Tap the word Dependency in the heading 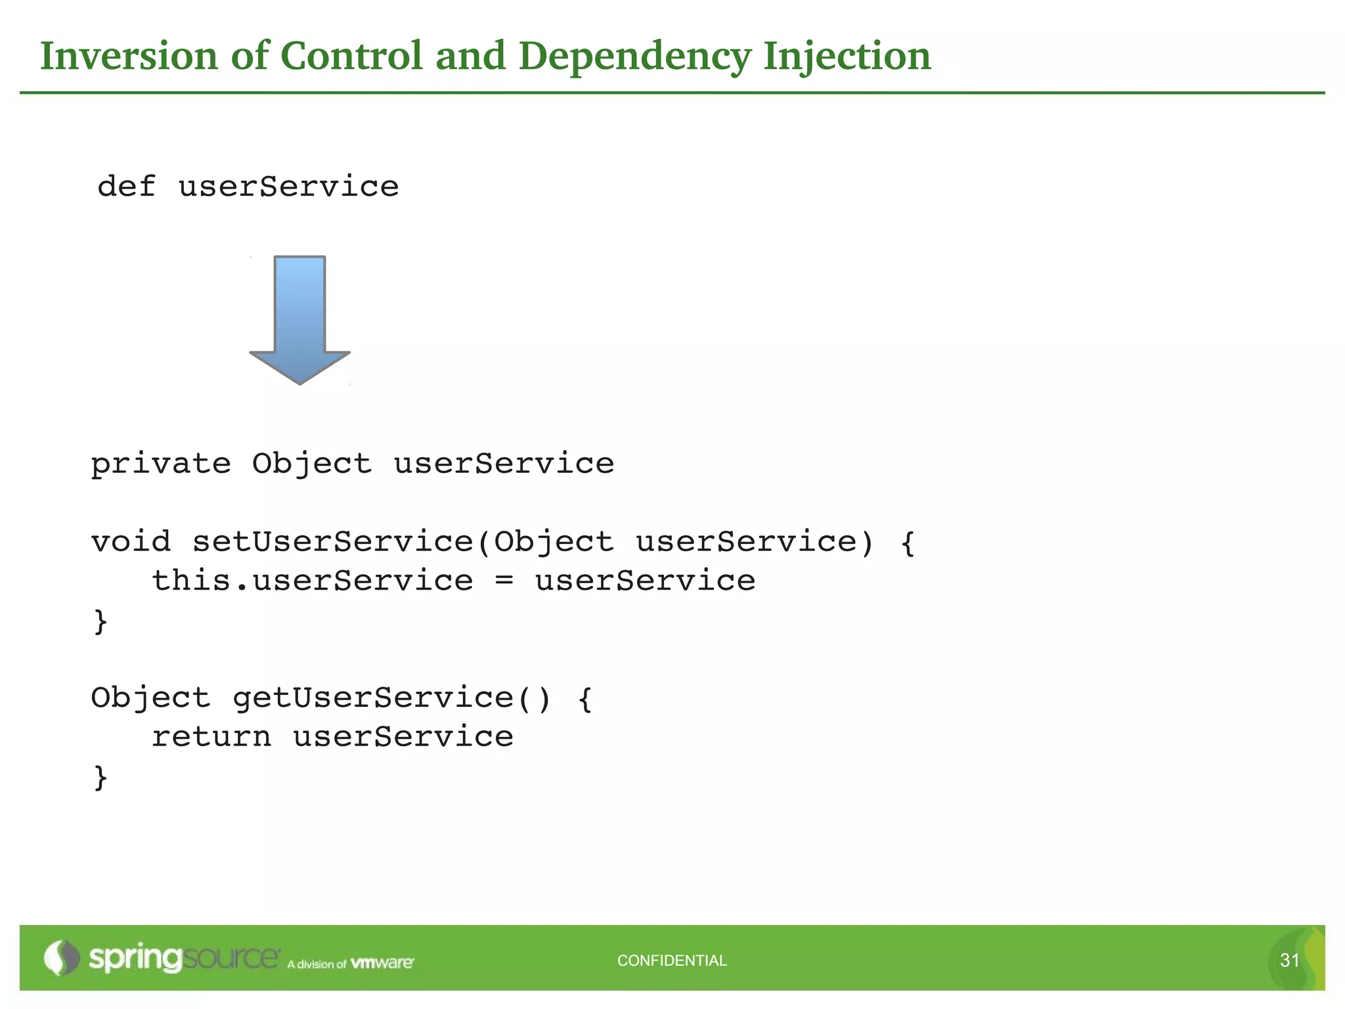click(634, 56)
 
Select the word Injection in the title click(847, 56)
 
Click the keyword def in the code click(126, 187)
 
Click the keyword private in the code click(161, 464)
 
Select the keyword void click(131, 542)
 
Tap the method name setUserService click(332, 542)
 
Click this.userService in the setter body click(313, 581)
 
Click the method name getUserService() click(391, 698)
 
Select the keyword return click(211, 737)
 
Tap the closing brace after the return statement click(100, 777)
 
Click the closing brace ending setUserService click(100, 621)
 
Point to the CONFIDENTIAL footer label click(672, 960)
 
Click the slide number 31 click(1289, 960)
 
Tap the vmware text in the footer click(382, 963)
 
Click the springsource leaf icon click(61, 958)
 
